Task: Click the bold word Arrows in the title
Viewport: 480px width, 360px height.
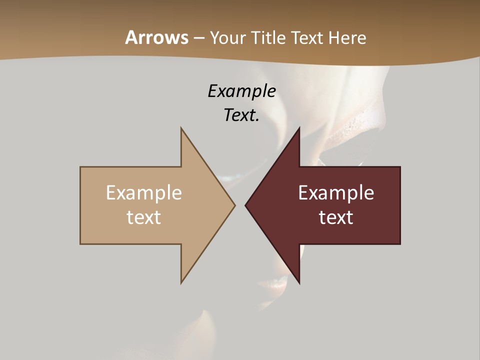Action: click(x=156, y=37)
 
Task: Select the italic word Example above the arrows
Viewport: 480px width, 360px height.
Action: click(x=241, y=91)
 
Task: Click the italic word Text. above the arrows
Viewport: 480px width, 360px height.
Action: click(x=241, y=115)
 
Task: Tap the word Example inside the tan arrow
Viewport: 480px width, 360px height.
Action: click(x=144, y=192)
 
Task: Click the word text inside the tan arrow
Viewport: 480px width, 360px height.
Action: click(x=144, y=217)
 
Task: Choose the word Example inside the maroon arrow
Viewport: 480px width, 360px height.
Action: click(x=336, y=192)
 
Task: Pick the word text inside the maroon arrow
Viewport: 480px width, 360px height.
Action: click(x=336, y=217)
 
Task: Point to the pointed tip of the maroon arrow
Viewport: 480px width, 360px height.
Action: click(x=245, y=205)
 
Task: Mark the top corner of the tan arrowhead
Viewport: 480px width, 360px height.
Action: click(x=181, y=128)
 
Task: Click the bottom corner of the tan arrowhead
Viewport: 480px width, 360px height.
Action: click(x=181, y=283)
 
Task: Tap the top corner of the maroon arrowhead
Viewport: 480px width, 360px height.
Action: click(x=299, y=128)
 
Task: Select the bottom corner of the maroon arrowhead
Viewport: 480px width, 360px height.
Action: click(x=299, y=283)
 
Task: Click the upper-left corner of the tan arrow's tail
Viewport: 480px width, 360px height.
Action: click(x=80, y=167)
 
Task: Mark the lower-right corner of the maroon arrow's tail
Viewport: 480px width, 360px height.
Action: click(x=400, y=243)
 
